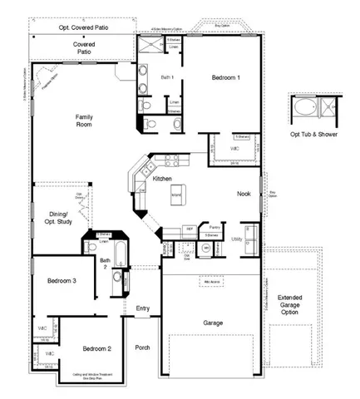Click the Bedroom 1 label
pos(225,77)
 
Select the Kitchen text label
pos(162,179)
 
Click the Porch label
pos(143,347)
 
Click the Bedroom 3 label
pos(62,281)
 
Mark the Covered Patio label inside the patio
pos(83,47)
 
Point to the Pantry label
pos(214,226)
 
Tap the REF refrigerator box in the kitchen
pos(190,227)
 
